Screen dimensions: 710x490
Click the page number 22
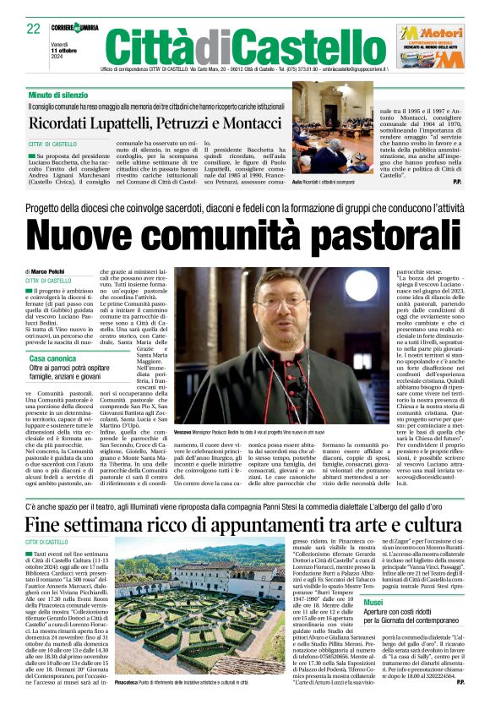[34, 28]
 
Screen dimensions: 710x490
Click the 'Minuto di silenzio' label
[56, 95]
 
